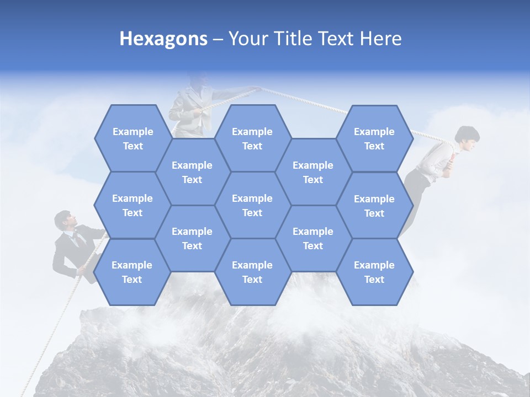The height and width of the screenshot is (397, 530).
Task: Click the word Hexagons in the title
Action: pos(163,39)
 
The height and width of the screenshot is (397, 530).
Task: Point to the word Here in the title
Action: pos(380,39)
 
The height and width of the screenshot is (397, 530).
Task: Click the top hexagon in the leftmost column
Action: pos(132,138)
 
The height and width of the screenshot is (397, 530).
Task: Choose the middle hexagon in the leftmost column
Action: pos(132,205)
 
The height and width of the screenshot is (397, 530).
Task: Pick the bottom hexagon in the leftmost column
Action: pos(132,272)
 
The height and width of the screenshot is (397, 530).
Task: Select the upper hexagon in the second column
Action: pos(192,172)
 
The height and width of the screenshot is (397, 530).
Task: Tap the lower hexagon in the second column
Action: pos(192,238)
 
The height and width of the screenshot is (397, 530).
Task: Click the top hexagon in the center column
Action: pos(252,138)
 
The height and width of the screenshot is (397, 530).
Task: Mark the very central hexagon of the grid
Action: pos(252,205)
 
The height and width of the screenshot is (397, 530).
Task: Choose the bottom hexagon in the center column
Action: pos(252,272)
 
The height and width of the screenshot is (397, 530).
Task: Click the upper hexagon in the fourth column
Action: pos(313,172)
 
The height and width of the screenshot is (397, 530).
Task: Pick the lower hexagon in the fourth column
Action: pos(313,238)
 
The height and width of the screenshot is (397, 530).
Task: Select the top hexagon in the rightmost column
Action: pos(374,138)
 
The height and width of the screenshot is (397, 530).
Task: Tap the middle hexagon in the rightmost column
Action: pos(374,206)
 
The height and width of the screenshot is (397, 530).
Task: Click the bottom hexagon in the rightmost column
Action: pos(374,272)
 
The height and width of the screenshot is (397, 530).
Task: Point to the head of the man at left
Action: pos(65,220)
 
